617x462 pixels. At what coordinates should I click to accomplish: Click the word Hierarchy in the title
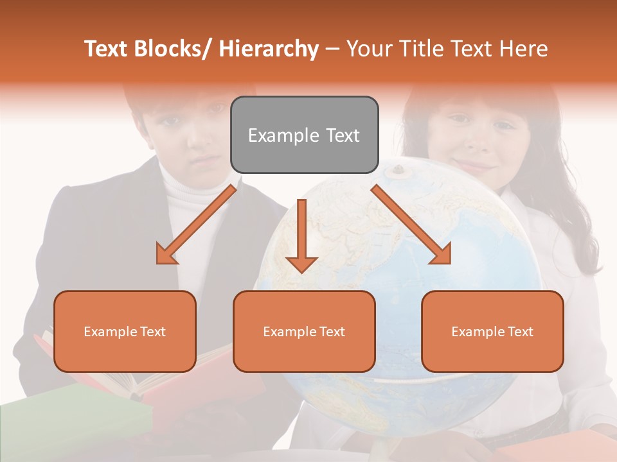click(269, 49)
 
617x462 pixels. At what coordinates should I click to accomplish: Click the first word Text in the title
click(107, 49)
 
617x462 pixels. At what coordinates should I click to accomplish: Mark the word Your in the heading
click(368, 49)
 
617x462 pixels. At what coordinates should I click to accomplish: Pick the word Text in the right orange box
click(520, 332)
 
